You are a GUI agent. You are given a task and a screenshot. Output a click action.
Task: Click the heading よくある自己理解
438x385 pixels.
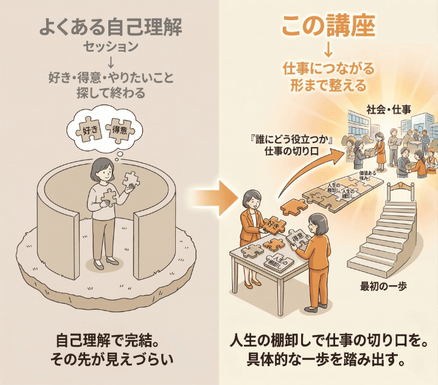point(110,27)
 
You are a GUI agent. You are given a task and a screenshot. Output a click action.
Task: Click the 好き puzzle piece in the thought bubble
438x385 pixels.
point(90,130)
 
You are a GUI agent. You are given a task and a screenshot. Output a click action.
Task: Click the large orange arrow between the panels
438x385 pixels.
point(210,196)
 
